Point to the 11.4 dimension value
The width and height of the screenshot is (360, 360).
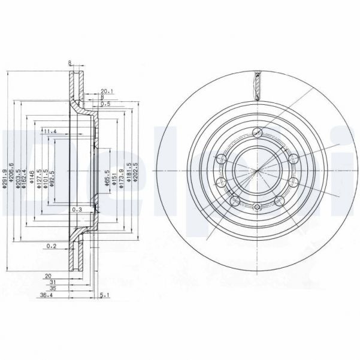pos(49,131)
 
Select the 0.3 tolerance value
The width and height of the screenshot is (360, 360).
pos(76,210)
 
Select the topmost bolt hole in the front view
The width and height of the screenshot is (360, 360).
pos(258,133)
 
